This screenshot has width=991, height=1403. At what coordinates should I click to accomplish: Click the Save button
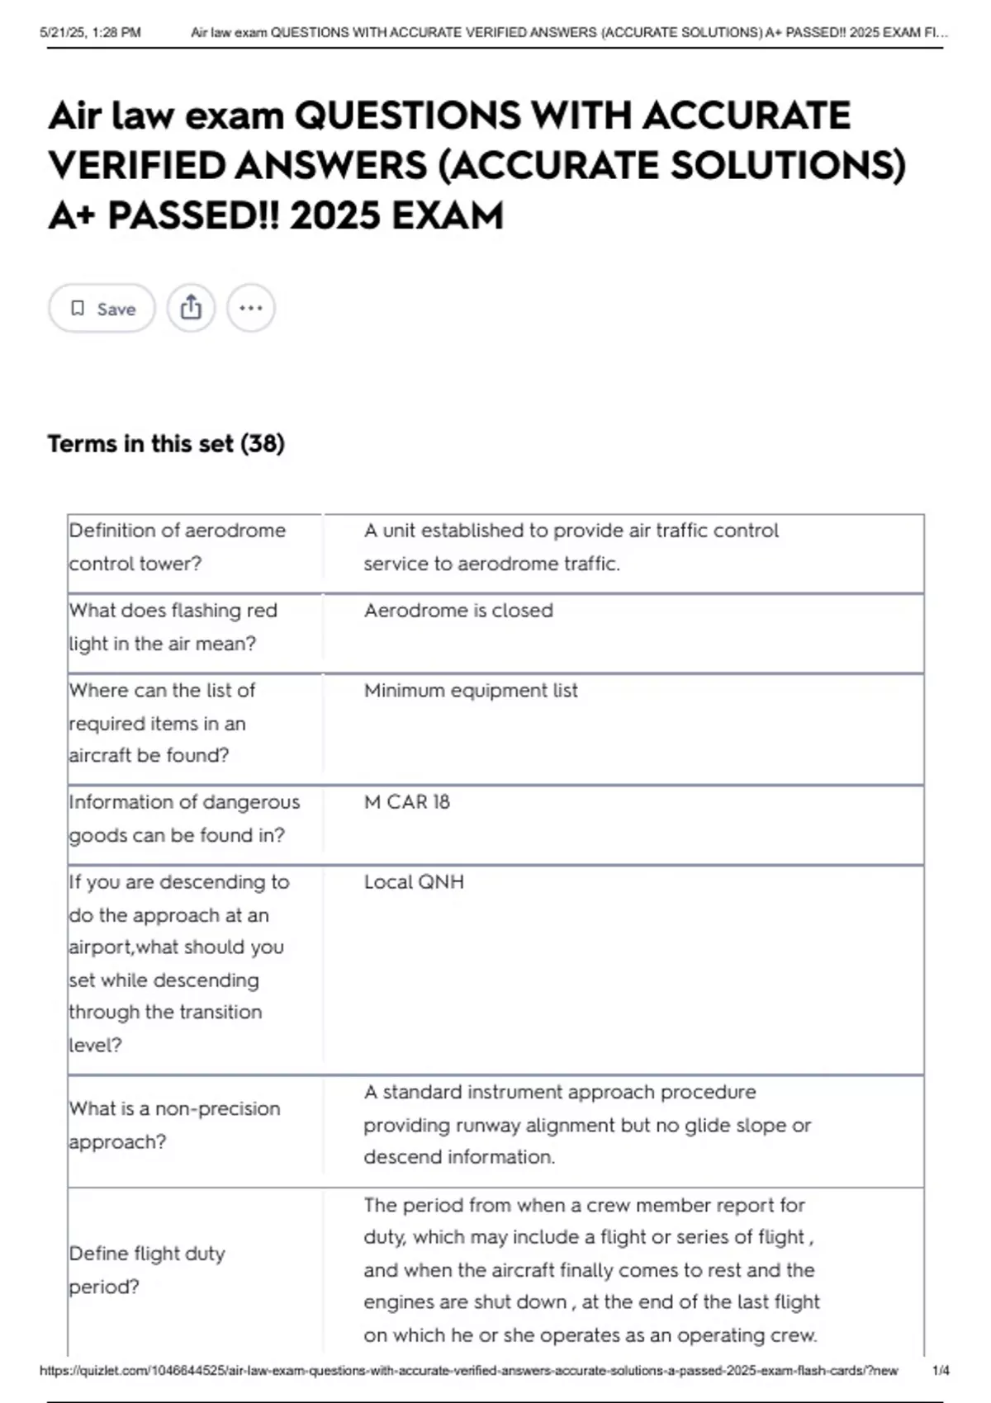(x=102, y=309)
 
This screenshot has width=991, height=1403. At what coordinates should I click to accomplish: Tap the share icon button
(x=191, y=309)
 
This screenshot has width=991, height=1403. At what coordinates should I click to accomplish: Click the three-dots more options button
(x=250, y=309)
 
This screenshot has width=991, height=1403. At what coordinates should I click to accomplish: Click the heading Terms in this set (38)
(x=166, y=444)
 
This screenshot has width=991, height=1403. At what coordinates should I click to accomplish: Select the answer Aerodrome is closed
(x=458, y=611)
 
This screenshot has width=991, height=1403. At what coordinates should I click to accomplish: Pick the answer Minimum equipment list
(x=471, y=691)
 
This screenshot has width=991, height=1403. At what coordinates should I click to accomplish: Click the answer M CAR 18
(x=406, y=802)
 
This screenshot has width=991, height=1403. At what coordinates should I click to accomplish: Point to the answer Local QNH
(x=414, y=882)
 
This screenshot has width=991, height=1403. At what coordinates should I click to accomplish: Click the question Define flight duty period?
(x=147, y=1270)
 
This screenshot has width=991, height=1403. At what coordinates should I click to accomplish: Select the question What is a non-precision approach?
(x=174, y=1125)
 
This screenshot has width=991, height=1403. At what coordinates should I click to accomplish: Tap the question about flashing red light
(x=173, y=627)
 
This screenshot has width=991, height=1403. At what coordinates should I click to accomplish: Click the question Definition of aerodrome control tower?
(x=177, y=547)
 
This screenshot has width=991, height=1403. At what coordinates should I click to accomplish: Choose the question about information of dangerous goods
(x=184, y=819)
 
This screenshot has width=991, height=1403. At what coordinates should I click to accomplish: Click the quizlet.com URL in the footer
(x=468, y=1371)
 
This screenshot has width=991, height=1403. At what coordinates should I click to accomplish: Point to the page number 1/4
(x=940, y=1371)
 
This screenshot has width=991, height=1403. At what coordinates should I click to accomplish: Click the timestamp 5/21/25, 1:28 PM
(x=90, y=33)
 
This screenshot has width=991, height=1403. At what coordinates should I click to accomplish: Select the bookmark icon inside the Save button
(x=78, y=309)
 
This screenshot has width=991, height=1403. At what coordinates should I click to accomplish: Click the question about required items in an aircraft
(x=162, y=723)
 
